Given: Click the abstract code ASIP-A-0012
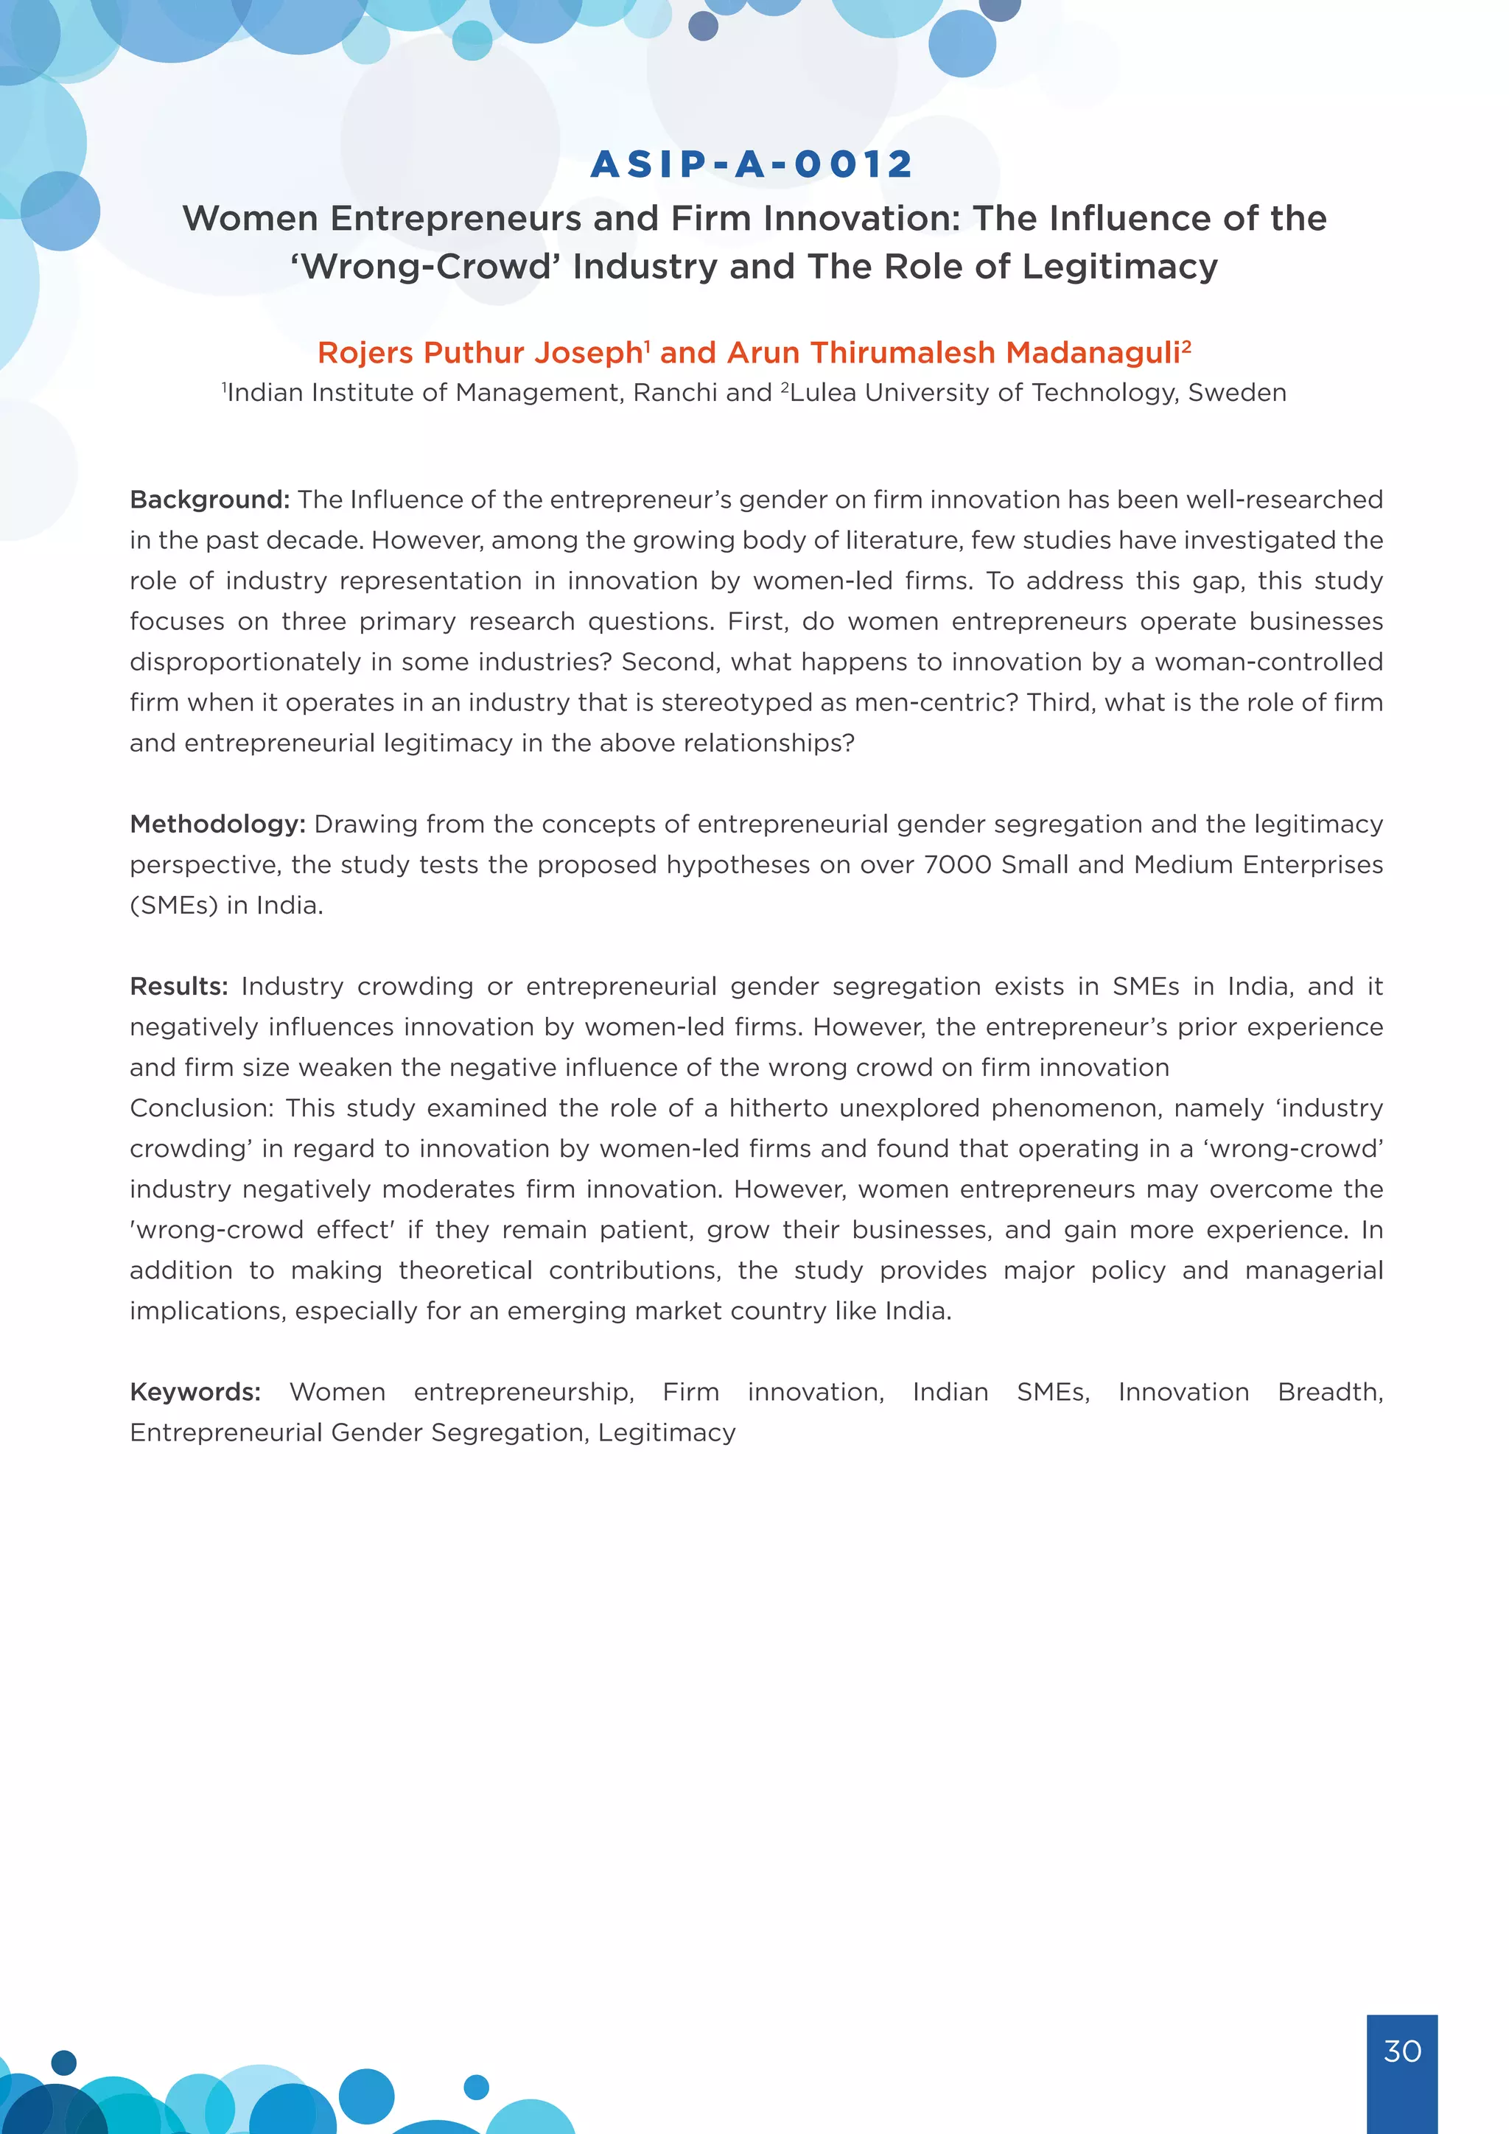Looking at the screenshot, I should coord(752,164).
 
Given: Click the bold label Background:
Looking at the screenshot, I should coord(209,500).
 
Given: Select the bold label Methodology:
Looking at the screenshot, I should coord(217,825).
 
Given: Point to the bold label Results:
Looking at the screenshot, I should coord(178,986).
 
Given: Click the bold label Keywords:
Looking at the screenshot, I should coord(195,1391).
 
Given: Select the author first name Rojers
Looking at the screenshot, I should coord(364,353).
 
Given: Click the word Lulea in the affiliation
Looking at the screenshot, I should coord(823,393).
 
